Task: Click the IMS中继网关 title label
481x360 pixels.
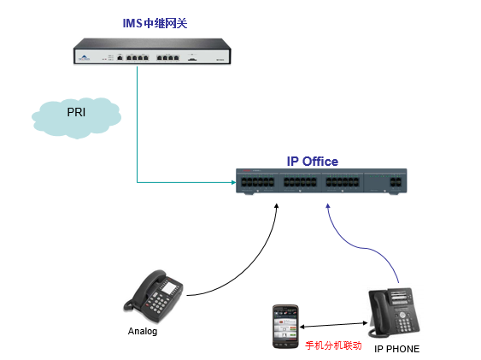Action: pyautogui.click(x=155, y=23)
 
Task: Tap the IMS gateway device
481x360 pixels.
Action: pyautogui.click(x=152, y=51)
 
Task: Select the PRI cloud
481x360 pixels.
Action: pyautogui.click(x=76, y=118)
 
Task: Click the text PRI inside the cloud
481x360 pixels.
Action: pyautogui.click(x=76, y=112)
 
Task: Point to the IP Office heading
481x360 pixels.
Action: pyautogui.click(x=313, y=162)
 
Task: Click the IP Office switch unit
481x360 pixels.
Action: pyautogui.click(x=321, y=181)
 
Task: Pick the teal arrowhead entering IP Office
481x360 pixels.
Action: pyautogui.click(x=233, y=182)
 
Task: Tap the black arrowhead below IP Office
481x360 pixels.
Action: pyautogui.click(x=277, y=206)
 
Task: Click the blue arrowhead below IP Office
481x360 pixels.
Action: pyautogui.click(x=327, y=206)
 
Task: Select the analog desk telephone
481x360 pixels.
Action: pyautogui.click(x=154, y=296)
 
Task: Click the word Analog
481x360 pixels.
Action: pyautogui.click(x=143, y=332)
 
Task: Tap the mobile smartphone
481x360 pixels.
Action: pyautogui.click(x=285, y=327)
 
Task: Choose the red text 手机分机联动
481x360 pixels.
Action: pyautogui.click(x=333, y=345)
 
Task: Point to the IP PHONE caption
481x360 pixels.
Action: pyautogui.click(x=397, y=349)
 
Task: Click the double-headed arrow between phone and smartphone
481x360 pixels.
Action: pyautogui.click(x=333, y=325)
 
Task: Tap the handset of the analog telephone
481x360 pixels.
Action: pyautogui.click(x=144, y=288)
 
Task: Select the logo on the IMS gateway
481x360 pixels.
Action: pyautogui.click(x=84, y=57)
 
